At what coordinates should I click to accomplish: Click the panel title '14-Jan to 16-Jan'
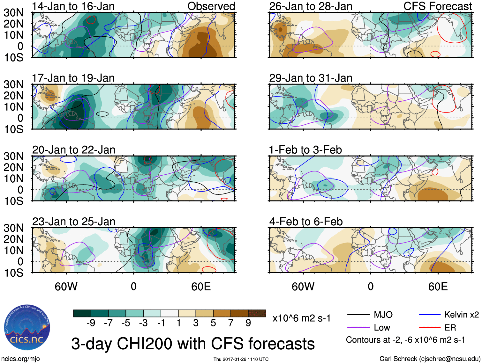click(73, 6)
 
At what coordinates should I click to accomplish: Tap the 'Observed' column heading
click(211, 6)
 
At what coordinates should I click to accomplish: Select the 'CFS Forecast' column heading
click(438, 6)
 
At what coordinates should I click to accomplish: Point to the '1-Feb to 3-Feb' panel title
click(305, 149)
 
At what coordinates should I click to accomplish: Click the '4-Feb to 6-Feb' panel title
click(306, 221)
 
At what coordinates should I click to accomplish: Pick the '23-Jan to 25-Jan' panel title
click(74, 221)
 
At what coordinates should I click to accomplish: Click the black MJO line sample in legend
click(358, 315)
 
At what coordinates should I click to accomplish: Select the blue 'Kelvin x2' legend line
click(430, 315)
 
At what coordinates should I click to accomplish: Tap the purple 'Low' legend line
click(358, 328)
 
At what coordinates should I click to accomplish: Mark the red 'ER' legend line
click(430, 328)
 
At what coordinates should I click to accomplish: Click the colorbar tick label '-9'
click(91, 323)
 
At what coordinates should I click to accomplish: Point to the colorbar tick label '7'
click(231, 323)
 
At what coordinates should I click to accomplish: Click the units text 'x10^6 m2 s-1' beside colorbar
click(301, 318)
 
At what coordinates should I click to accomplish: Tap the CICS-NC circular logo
click(27, 328)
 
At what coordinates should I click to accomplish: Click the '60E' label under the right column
click(438, 287)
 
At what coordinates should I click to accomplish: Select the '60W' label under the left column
click(66, 287)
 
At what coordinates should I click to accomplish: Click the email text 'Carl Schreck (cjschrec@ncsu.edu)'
click(430, 359)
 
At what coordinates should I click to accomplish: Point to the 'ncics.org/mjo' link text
click(20, 359)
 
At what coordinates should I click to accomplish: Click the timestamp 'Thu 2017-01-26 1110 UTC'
click(241, 359)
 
